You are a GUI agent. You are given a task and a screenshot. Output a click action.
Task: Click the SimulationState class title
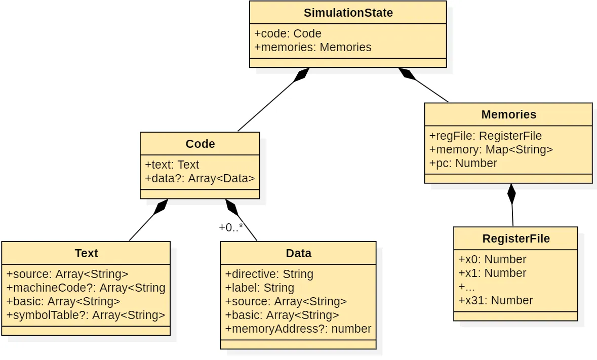348,13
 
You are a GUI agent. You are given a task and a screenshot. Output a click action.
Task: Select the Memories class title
508,114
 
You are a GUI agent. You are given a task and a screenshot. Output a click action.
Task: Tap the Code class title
200,144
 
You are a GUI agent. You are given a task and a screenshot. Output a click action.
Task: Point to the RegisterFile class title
515,238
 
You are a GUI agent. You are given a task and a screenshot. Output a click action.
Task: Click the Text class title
86,253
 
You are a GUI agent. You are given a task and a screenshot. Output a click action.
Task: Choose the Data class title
298,253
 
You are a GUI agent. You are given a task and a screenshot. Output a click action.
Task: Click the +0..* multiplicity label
231,227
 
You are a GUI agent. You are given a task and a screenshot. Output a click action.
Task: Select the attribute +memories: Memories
312,47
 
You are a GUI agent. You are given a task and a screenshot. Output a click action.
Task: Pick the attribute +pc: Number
463,163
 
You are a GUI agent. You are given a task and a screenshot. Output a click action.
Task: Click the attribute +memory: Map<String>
491,149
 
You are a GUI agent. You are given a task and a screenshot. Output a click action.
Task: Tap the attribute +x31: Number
495,300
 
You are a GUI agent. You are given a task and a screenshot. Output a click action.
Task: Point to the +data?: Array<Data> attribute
200,178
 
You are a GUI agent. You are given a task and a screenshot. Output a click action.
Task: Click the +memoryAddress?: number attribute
298,329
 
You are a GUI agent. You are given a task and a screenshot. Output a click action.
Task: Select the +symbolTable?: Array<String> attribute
86,315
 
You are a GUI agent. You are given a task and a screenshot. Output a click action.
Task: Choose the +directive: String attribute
269,274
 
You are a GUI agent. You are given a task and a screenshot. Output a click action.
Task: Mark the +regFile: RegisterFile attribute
485,136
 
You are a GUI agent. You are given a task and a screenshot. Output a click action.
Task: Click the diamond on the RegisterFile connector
511,194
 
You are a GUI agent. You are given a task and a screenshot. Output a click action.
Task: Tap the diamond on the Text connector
162,206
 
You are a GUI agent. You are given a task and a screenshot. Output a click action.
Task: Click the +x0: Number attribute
492,259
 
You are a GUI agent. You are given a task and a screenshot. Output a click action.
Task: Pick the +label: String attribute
259,288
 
